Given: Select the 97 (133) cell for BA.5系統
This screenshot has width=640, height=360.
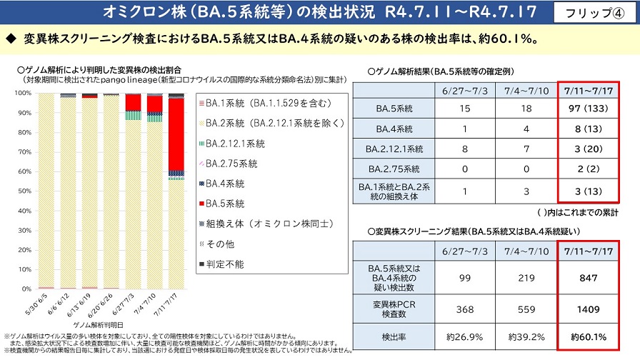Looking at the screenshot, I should tap(589, 109).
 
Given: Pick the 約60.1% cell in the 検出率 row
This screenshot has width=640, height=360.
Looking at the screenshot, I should tap(589, 336).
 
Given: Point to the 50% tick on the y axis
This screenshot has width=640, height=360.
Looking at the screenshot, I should tap(23, 191).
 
